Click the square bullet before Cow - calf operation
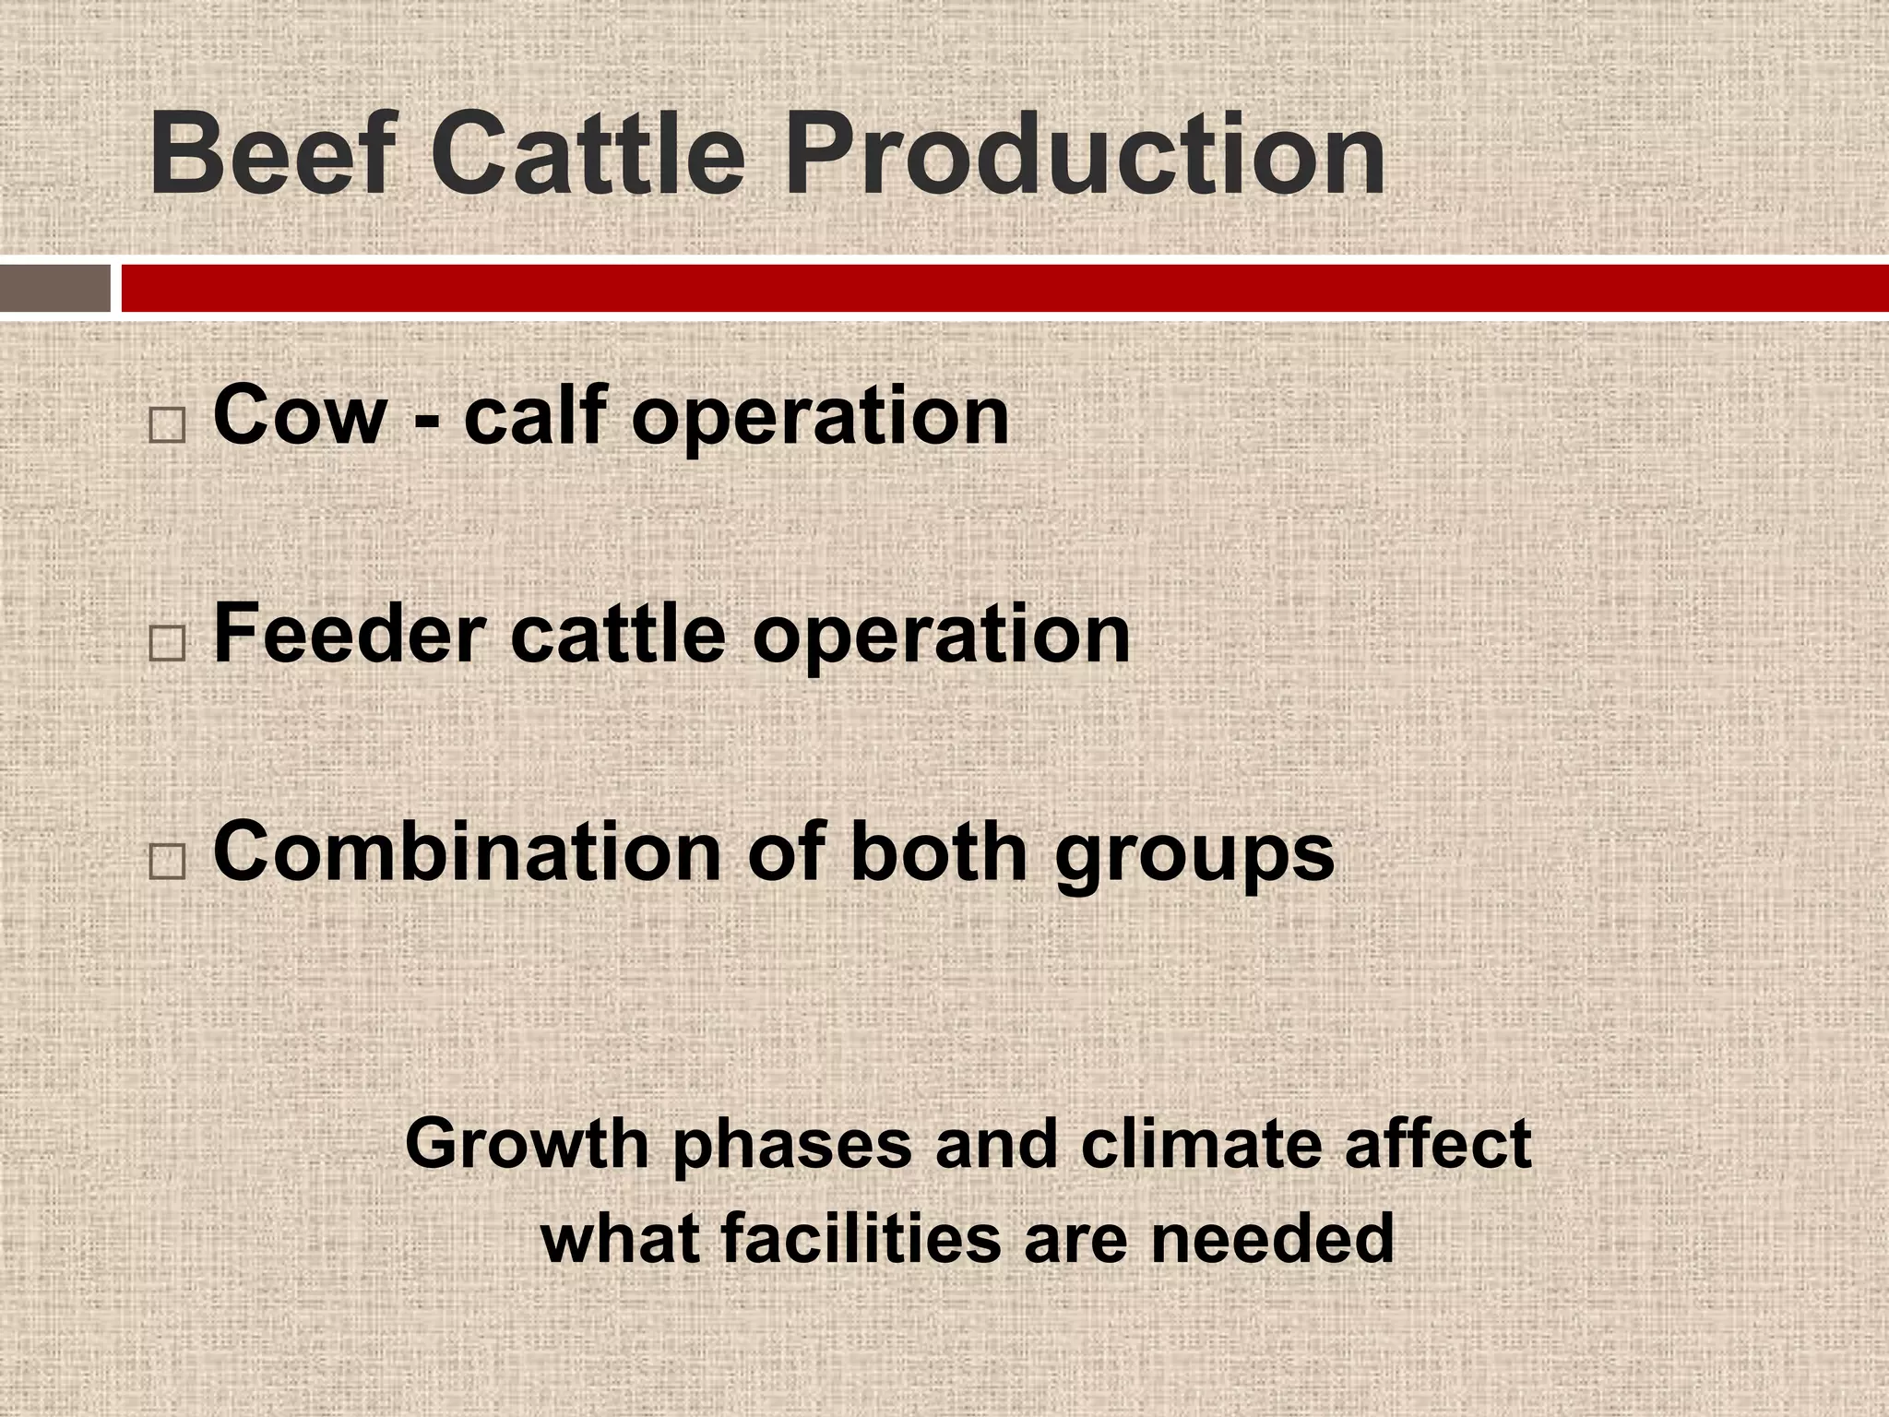pyautogui.click(x=167, y=425)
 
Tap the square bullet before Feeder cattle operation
pyautogui.click(x=167, y=643)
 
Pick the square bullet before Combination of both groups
pyautogui.click(x=167, y=860)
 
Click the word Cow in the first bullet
pyautogui.click(x=299, y=415)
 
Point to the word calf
pyautogui.click(x=532, y=415)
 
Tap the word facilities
pyautogui.click(x=862, y=1239)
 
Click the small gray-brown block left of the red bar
pyautogui.click(x=54, y=289)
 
